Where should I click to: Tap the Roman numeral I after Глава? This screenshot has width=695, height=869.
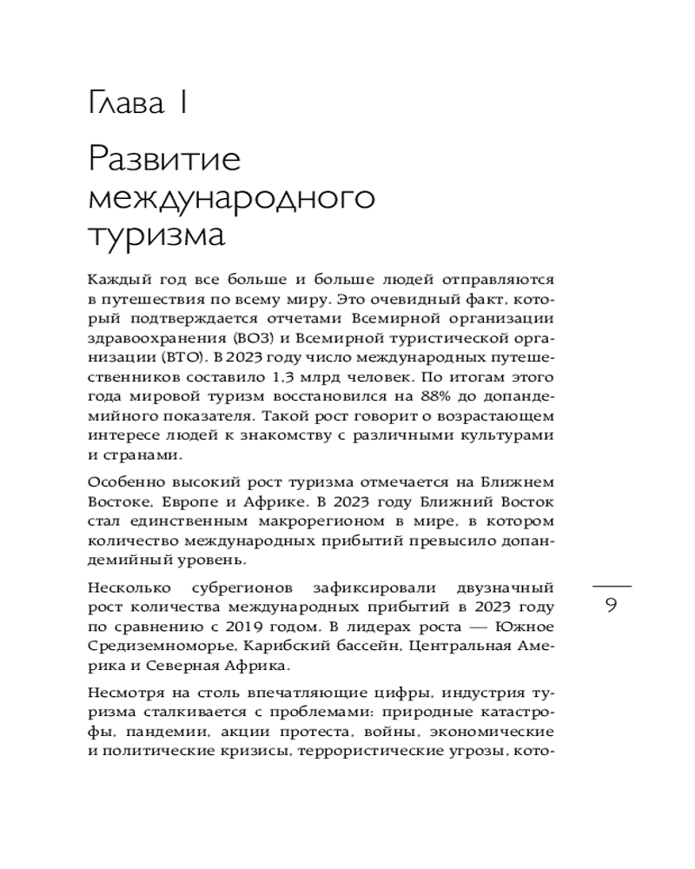[182, 106]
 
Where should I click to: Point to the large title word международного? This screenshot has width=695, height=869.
[231, 198]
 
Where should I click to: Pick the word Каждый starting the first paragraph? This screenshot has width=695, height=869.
[117, 281]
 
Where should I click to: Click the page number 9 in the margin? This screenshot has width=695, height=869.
[611, 606]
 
